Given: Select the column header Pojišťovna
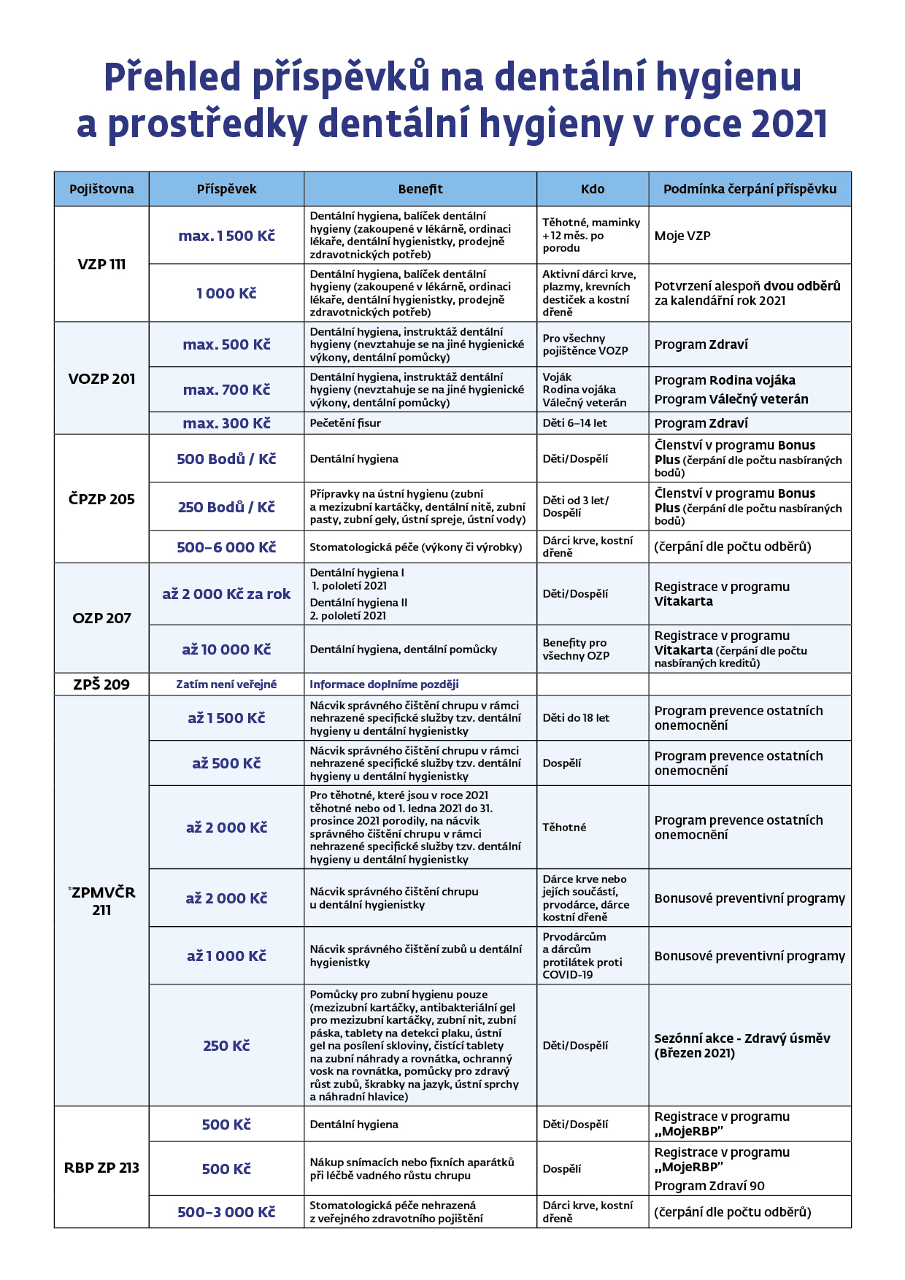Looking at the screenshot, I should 101,189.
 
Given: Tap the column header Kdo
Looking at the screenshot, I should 593,189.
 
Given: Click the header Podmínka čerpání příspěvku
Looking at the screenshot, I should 750,189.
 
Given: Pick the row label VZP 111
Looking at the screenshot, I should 101,264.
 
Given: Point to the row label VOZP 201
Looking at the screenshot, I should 101,379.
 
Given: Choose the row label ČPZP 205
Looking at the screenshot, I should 101,499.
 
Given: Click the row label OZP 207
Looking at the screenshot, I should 101,618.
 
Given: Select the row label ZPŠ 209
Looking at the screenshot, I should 101,685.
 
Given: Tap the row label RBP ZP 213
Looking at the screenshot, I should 101,1168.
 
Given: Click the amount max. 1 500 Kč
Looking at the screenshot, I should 226,236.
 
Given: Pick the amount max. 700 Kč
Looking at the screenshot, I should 226,390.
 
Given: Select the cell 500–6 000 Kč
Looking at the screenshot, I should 226,547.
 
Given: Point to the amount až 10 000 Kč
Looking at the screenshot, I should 226,649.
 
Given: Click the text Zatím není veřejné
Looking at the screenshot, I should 226,685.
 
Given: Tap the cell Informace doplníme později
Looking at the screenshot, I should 384,685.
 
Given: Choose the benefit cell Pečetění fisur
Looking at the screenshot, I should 345,423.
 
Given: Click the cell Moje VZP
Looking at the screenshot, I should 682,236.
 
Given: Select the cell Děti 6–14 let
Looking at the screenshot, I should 574,423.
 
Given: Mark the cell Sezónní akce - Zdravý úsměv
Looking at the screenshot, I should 742,1038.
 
